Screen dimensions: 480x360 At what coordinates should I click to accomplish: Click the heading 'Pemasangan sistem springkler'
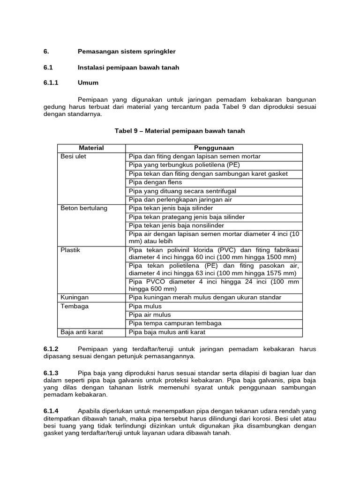[127, 51]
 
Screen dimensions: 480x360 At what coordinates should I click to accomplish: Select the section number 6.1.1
[51, 82]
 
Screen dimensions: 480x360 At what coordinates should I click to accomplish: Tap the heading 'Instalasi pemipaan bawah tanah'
[128, 67]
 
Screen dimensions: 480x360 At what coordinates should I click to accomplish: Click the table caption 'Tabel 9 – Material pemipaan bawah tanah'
[180, 131]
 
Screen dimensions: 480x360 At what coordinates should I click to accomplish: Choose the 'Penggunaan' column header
[214, 148]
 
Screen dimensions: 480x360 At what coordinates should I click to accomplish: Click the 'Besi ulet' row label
[74, 157]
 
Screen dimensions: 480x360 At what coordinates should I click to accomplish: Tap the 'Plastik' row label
[71, 250]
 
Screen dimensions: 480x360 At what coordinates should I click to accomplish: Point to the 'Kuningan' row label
[75, 298]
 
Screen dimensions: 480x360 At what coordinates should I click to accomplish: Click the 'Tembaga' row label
[75, 307]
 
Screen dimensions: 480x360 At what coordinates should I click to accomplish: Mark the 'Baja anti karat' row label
[82, 332]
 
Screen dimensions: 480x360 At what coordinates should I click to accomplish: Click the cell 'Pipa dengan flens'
[156, 182]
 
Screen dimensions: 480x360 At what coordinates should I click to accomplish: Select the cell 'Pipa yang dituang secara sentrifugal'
[182, 191]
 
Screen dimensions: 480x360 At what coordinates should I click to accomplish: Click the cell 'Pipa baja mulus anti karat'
[167, 332]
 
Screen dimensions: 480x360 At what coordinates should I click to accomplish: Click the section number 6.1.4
[51, 410]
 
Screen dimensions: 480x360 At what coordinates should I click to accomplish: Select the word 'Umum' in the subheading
[88, 82]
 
